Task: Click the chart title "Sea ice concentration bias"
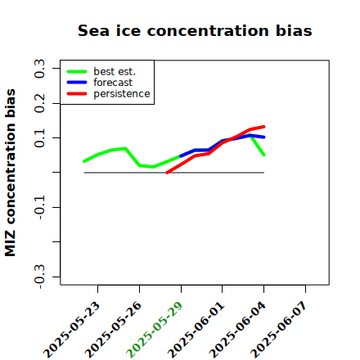195,30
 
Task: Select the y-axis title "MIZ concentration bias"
10,173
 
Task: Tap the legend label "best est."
115,71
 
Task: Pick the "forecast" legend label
113,83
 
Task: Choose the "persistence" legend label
122,93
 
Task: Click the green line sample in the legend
77,71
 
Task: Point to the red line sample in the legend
77,94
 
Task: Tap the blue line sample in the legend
77,83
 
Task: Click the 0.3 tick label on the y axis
39,69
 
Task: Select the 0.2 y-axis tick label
39,103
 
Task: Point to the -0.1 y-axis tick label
39,207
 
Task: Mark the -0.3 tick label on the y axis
39,277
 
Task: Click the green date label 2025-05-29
155,330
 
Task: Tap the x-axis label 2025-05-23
71,330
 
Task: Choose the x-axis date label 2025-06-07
279,330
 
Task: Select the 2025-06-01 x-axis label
196,330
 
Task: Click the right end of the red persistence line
264,127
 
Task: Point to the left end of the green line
84,161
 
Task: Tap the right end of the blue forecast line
264,137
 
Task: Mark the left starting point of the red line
167,173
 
